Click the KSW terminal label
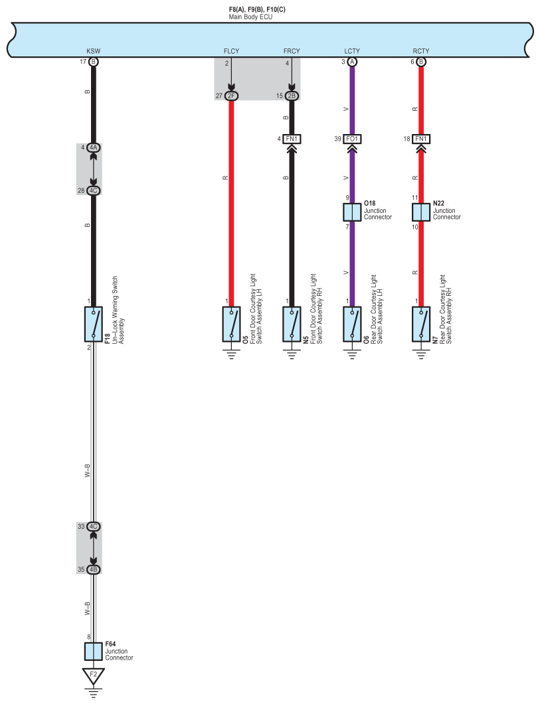(93, 50)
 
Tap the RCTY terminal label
(420, 50)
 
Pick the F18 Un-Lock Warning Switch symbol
(93, 324)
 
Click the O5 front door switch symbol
(231, 324)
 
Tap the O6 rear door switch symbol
(352, 324)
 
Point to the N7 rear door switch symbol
(421, 324)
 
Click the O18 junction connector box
(352, 212)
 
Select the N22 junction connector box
(421, 212)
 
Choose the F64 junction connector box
(93, 651)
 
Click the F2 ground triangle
(93, 675)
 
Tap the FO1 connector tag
(352, 139)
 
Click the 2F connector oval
(231, 96)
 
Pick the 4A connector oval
(93, 147)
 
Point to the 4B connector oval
(93, 569)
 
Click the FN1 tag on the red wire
(421, 139)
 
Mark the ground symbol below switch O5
(231, 354)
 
